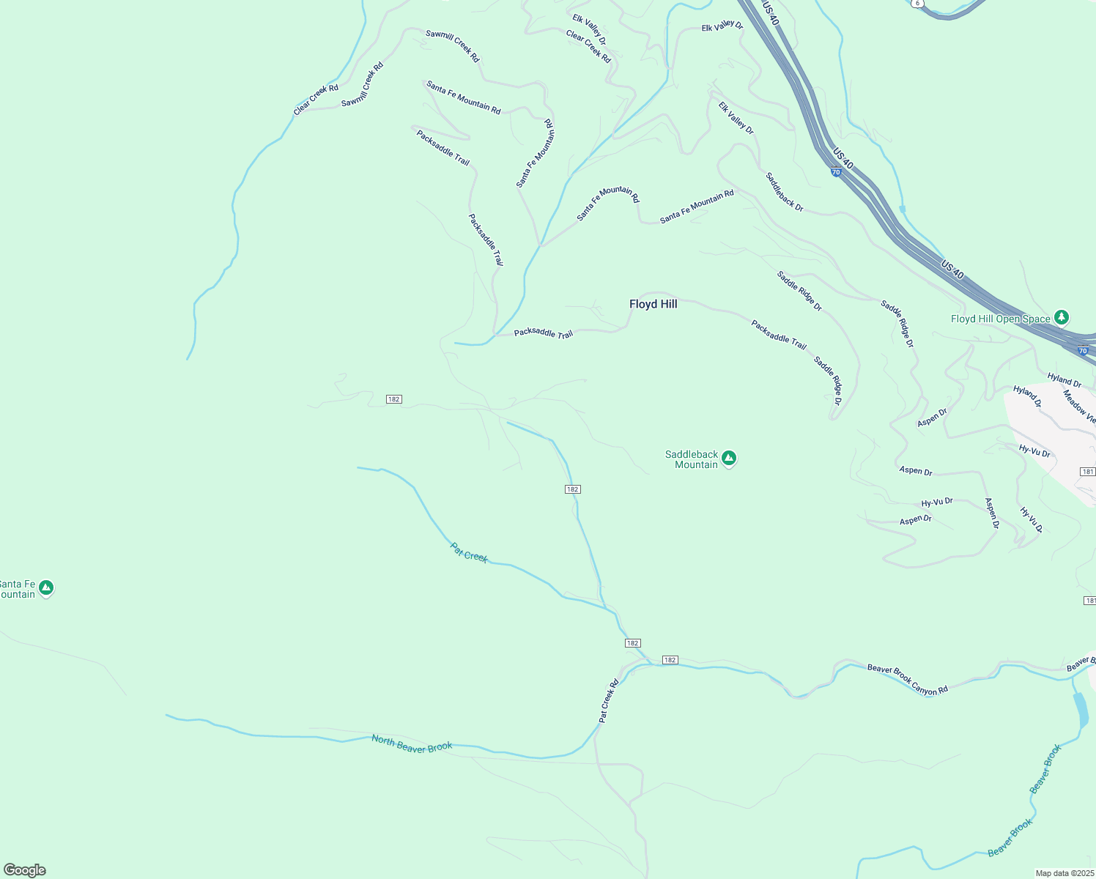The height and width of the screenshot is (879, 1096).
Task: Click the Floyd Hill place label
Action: click(653, 304)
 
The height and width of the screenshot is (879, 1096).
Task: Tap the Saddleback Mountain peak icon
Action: click(728, 459)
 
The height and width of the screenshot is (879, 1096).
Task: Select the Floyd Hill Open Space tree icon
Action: click(1062, 318)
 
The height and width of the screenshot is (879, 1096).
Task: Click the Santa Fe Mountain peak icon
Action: click(46, 588)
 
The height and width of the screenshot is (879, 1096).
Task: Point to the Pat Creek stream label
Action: click(469, 552)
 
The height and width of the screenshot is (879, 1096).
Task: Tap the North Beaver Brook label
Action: click(412, 743)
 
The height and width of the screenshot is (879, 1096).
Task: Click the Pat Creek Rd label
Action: click(609, 701)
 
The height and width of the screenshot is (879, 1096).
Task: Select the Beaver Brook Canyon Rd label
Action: click(908, 679)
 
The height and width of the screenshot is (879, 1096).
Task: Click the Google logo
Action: click(25, 870)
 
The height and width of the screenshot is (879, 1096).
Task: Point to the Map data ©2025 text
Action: click(1063, 873)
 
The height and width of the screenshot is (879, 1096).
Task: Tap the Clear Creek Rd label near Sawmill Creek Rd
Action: click(316, 100)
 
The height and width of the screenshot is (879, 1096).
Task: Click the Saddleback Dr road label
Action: click(785, 192)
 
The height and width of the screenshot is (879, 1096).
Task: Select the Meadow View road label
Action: click(1079, 407)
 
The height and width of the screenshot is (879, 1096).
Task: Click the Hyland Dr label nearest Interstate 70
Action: click(1064, 379)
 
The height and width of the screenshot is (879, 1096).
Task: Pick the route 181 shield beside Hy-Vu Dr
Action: click(1088, 472)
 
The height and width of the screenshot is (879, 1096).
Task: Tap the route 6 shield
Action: click(917, 3)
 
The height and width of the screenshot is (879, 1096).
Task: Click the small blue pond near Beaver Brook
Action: click(1081, 710)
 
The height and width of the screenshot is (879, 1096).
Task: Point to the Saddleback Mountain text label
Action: click(691, 459)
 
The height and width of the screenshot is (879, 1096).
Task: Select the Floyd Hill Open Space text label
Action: click(1000, 319)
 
